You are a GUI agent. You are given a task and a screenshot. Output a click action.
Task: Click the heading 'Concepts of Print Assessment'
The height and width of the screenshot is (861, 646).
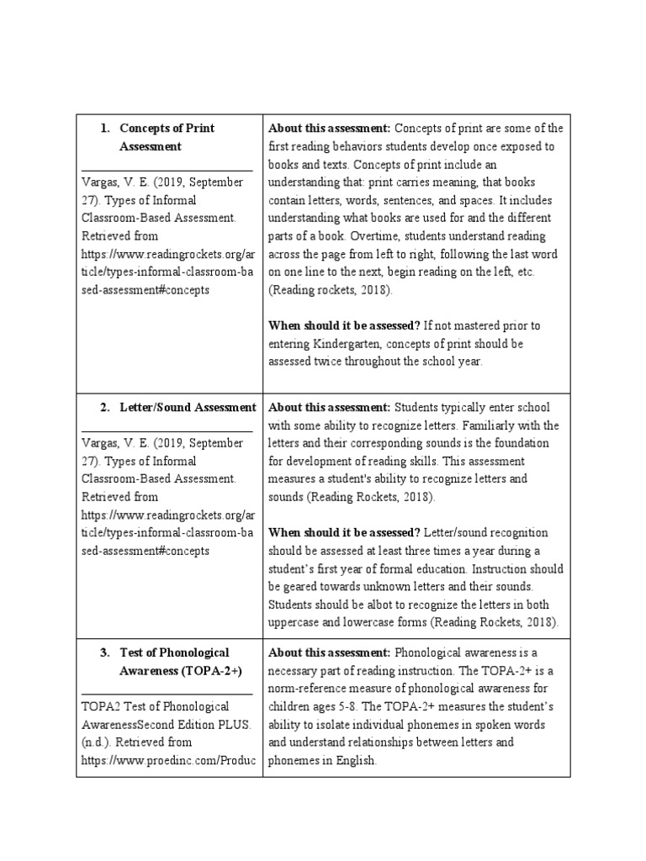tap(167, 137)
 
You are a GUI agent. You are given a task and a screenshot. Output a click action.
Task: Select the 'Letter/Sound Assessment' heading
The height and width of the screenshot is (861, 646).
tap(188, 408)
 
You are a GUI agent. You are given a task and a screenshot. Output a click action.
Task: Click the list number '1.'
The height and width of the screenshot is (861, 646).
tap(105, 129)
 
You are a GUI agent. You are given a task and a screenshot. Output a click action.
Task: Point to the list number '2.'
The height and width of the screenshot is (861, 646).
tap(105, 408)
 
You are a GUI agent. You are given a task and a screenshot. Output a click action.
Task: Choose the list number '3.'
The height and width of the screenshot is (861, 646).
tap(105, 652)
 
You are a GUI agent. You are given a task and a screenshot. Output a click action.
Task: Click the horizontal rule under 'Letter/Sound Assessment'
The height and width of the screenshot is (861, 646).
tap(167, 431)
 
